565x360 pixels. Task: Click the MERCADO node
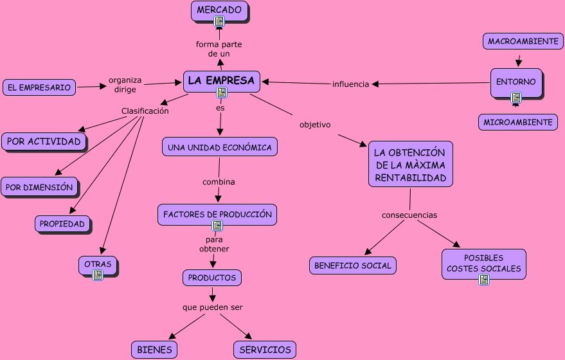point(219,11)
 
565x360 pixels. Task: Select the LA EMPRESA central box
point(222,82)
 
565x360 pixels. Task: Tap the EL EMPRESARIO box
point(39,87)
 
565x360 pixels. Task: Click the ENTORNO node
point(516,83)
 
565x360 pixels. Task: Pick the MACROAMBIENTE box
point(523,41)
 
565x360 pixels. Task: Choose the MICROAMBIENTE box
point(518,122)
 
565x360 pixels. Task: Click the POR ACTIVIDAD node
point(44,141)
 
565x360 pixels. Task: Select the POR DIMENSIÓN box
point(39,187)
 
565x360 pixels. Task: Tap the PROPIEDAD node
point(62,224)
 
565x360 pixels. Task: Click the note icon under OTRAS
point(98,275)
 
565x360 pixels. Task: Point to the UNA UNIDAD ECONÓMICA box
point(220,147)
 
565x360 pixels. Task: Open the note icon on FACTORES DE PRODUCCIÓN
point(217,226)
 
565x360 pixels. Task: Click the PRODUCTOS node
point(212,278)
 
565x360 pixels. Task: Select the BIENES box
point(154,350)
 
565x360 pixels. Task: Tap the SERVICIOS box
point(265,350)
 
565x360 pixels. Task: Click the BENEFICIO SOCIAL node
point(353,265)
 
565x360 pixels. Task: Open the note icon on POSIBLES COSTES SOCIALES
point(484,280)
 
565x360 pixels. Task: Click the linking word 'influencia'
point(350,84)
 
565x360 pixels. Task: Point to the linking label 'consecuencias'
point(409,215)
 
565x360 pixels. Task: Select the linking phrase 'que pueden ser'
point(213,307)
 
